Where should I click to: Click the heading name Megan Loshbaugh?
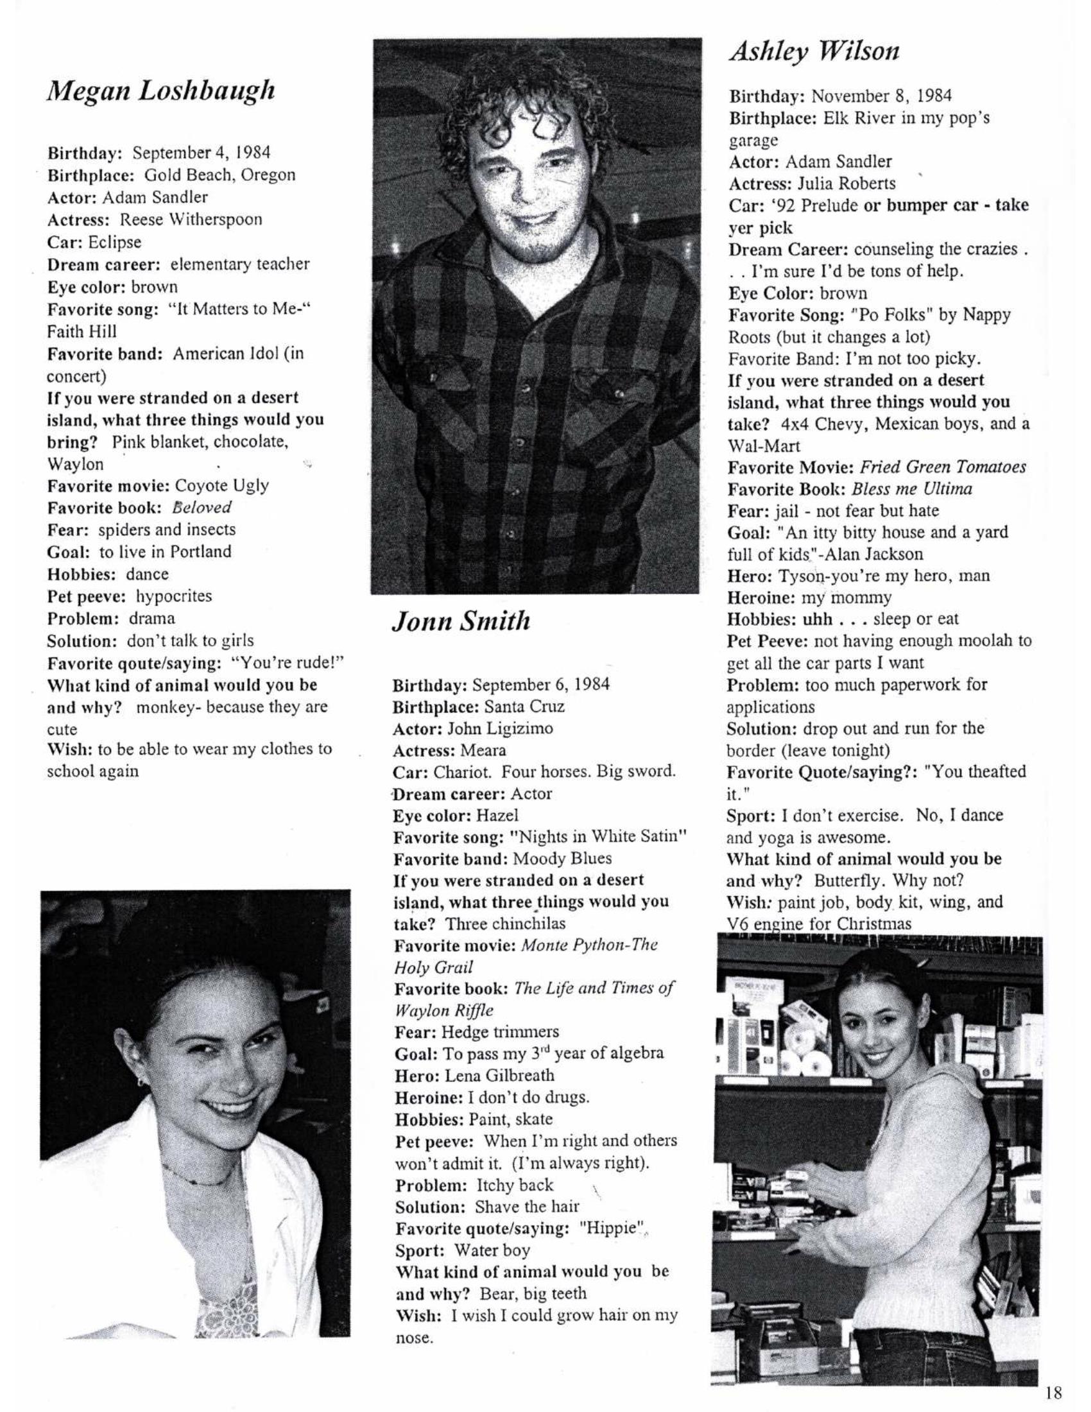coord(161,91)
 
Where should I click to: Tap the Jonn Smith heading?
coord(461,621)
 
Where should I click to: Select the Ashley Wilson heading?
coord(814,51)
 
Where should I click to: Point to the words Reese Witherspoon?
coord(191,220)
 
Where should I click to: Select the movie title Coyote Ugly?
coord(221,486)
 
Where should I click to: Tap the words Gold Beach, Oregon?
coord(219,175)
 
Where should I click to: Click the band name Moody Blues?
coord(562,859)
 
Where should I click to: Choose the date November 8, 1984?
coord(881,96)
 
